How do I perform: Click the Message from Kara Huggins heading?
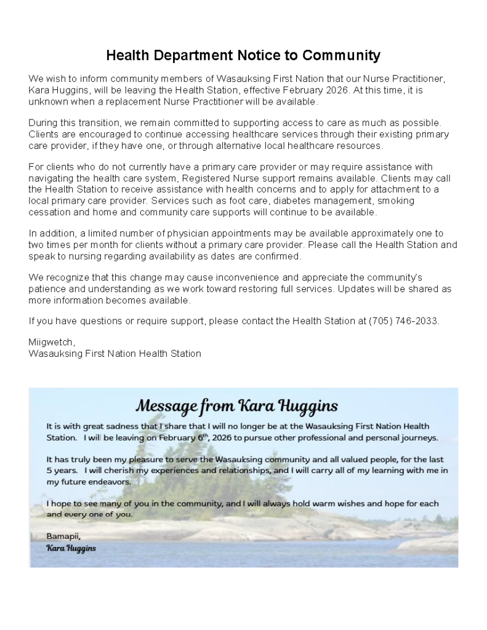236,406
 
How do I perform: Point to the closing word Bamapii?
63,536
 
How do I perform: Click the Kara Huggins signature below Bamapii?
71,548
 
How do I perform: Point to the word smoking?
396,201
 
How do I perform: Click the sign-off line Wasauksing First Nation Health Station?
115,354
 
